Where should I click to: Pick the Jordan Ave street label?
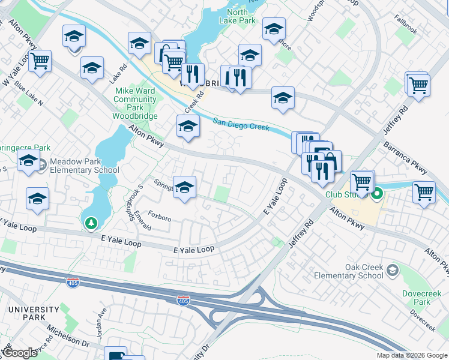click(101, 322)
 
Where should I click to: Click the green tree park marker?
click(91, 223)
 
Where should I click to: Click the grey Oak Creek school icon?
click(393, 271)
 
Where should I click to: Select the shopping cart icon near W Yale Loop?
click(40, 61)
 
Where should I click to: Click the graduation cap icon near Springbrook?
click(184, 186)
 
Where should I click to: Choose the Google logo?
click(19, 353)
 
